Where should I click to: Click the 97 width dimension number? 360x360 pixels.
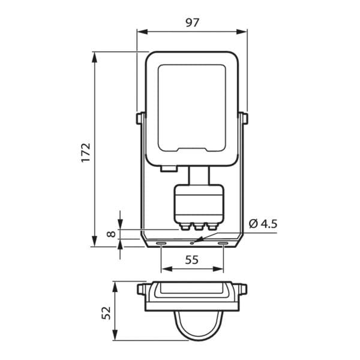(193, 23)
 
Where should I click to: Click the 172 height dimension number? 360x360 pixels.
(86, 152)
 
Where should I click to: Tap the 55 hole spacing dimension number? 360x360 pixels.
(192, 260)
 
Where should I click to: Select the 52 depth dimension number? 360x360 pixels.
(106, 313)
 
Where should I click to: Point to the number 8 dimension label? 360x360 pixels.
(112, 234)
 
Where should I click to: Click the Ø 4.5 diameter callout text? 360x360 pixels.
(263, 224)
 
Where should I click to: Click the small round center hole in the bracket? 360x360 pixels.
(192, 243)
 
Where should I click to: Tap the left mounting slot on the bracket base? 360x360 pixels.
(161, 243)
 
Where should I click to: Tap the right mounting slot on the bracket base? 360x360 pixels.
(223, 243)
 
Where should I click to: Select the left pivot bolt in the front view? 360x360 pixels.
(140, 118)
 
